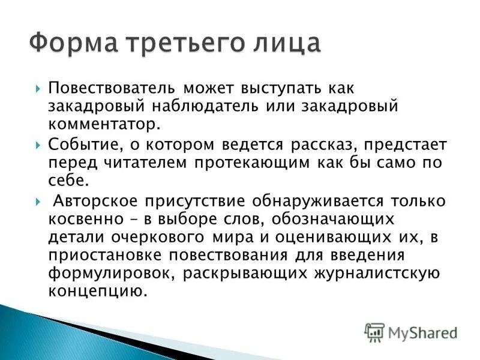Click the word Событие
(82, 146)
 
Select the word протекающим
(259, 163)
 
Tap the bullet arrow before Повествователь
(38, 88)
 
